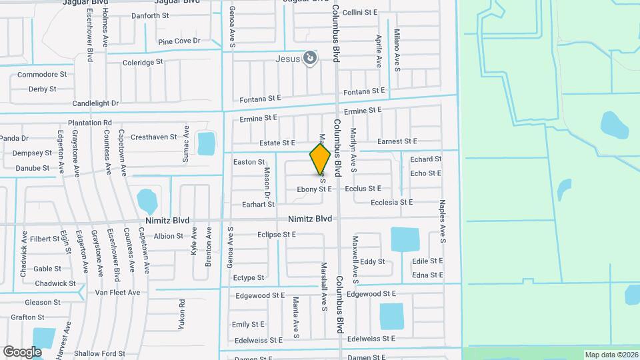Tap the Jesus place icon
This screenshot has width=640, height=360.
pos(309,59)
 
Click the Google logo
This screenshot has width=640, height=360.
pos(22,351)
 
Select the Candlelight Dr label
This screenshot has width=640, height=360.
pos(95,103)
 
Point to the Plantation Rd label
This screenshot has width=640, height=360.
pos(89,123)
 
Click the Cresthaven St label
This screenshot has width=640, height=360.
pos(153,137)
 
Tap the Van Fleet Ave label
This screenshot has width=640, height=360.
pos(117,293)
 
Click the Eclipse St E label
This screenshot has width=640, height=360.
pos(276,235)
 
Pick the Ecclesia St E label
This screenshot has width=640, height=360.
pos(391,202)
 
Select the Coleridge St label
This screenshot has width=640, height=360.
pos(143,62)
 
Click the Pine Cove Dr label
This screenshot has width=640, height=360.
pos(179,41)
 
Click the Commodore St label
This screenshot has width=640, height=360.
pos(42,75)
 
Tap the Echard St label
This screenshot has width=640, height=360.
pos(426,159)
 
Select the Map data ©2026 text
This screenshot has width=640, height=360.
pos(611,355)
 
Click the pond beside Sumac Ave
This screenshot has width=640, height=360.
pos(206,143)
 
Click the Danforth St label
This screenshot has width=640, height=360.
pos(150,15)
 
